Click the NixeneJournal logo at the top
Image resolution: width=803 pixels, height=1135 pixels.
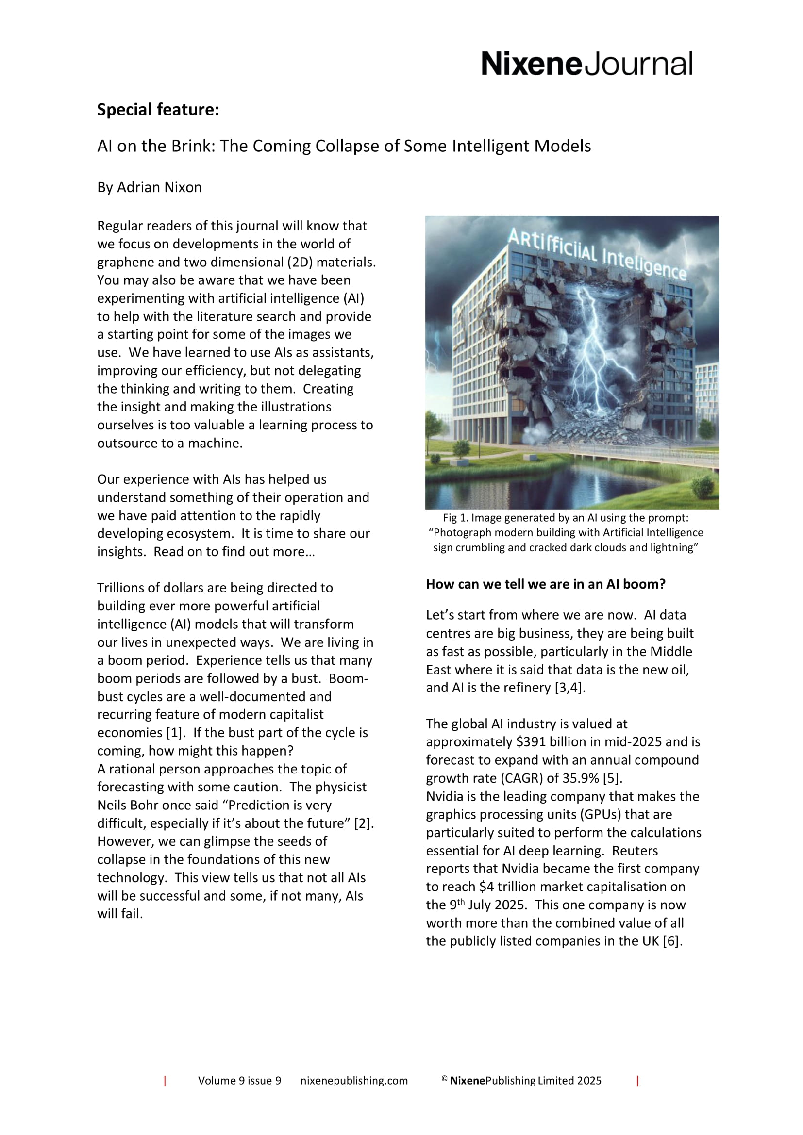click(x=587, y=64)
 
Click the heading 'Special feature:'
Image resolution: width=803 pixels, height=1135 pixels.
click(x=158, y=109)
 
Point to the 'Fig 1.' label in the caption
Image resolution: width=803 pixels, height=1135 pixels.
click(x=455, y=518)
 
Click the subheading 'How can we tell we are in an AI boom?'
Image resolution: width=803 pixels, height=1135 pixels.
click(x=546, y=584)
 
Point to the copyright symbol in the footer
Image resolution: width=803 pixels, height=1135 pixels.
click(x=445, y=1092)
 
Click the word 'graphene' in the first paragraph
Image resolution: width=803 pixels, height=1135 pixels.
click(x=126, y=262)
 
